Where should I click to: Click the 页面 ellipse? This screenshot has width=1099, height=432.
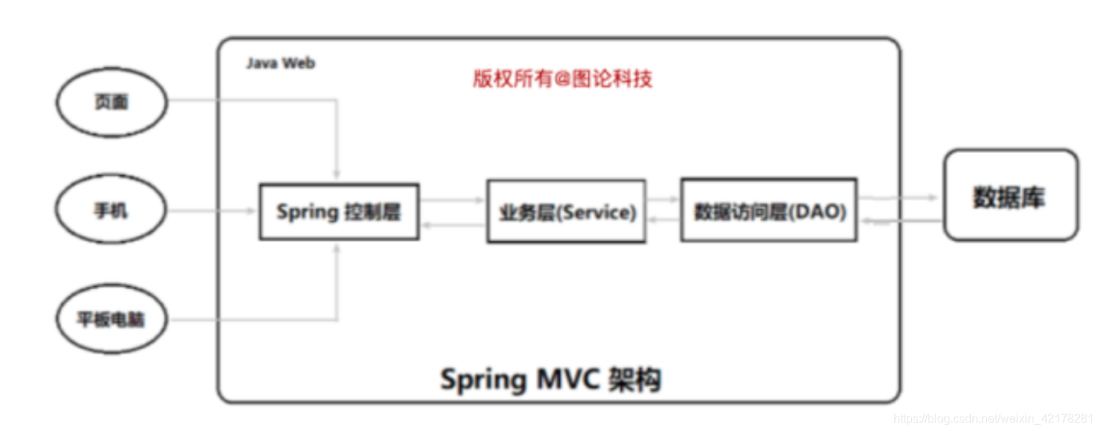[112, 102]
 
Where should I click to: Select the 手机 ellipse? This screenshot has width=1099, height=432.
[112, 211]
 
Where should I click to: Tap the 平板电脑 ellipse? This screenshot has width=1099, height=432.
[112, 320]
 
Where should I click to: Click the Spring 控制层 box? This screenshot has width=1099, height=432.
[339, 212]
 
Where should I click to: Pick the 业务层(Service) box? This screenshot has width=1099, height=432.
[566, 212]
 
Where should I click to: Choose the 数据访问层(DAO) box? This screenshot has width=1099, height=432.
[768, 210]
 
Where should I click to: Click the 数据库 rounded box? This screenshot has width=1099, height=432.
[1010, 196]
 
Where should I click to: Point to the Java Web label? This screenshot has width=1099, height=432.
[281, 63]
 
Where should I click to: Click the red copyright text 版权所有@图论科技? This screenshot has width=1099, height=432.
[562, 79]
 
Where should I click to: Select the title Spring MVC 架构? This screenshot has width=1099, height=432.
[550, 380]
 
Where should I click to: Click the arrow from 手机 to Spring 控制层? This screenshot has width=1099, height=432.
[214, 211]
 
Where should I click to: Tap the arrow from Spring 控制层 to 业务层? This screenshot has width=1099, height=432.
[452, 199]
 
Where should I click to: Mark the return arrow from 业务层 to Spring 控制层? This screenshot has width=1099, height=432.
[452, 227]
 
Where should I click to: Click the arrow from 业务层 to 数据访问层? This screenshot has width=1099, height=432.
[663, 199]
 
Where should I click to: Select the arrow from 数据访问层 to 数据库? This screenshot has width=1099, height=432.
[900, 198]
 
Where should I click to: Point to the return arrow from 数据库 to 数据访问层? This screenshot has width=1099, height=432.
[900, 221]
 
